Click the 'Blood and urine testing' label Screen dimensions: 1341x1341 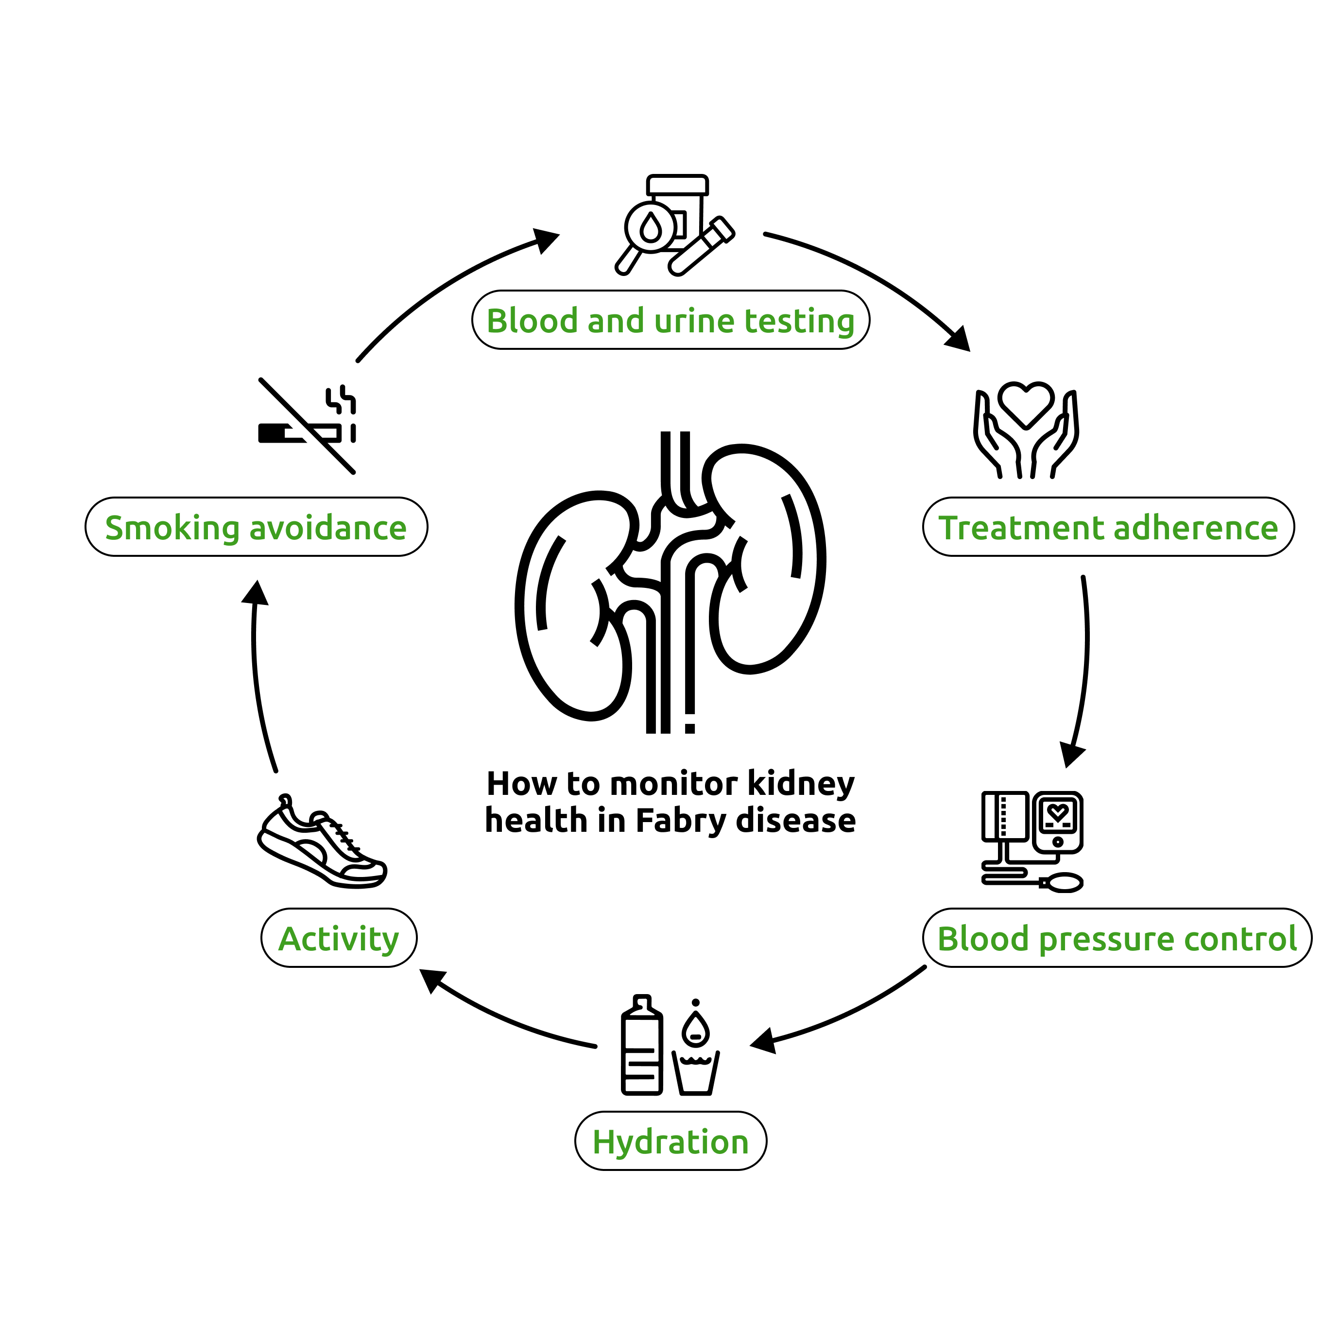point(670,320)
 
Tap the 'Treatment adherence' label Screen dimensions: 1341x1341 point(1108,527)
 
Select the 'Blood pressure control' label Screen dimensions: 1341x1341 point(1117,938)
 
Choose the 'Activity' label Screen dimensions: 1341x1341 point(339,938)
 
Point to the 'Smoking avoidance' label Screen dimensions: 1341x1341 point(256,527)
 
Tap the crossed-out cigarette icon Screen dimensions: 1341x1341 point(307,426)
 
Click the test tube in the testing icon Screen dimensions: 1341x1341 point(701,246)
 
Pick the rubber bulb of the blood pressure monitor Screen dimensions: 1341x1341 point(1063,882)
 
